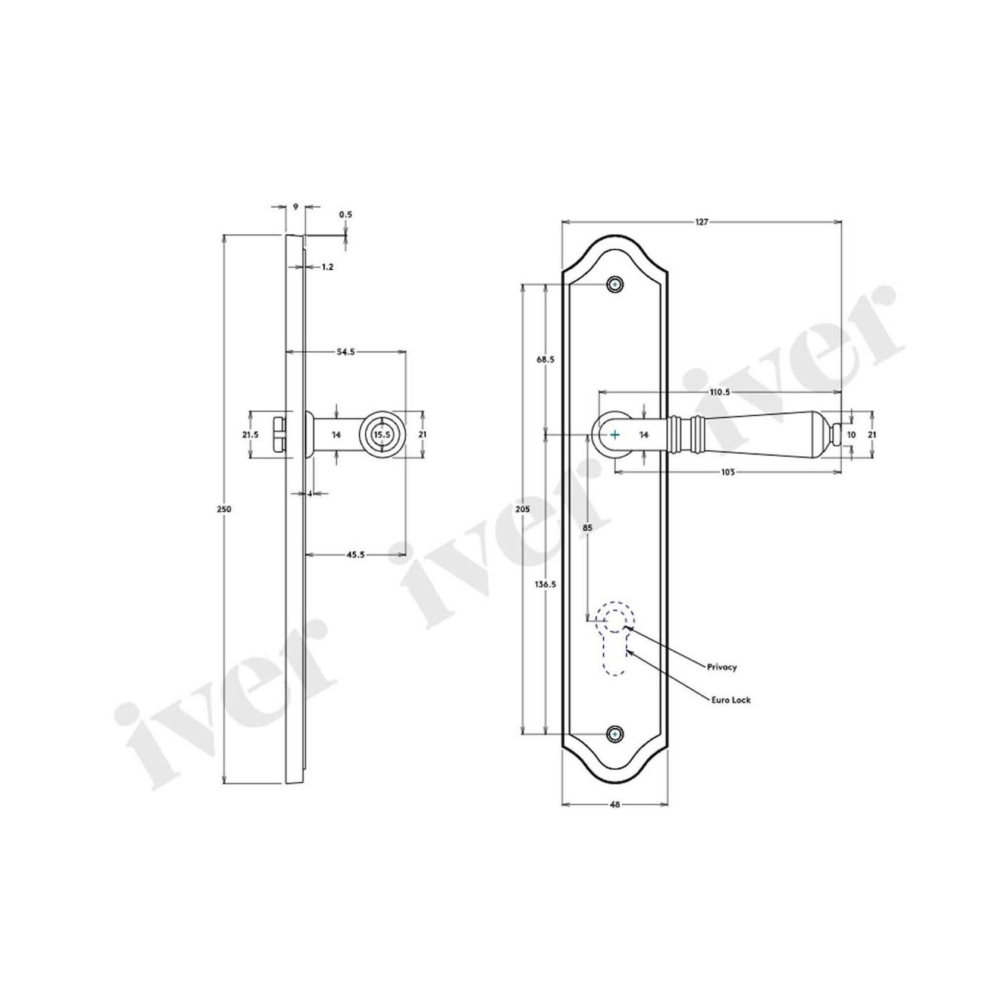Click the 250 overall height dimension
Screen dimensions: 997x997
click(x=224, y=509)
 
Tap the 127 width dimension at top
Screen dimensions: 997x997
click(x=702, y=222)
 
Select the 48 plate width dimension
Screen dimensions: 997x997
click(x=615, y=804)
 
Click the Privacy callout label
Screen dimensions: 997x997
click(x=722, y=667)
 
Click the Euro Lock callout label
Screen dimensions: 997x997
click(x=731, y=700)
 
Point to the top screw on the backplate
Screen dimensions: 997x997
click(x=616, y=285)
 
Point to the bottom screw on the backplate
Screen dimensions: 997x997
click(x=616, y=735)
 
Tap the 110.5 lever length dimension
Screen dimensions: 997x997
click(x=719, y=392)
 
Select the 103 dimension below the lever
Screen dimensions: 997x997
click(x=728, y=472)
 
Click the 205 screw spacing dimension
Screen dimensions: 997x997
click(x=522, y=509)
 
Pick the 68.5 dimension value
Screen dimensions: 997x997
click(x=545, y=359)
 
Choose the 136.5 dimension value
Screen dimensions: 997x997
click(x=545, y=584)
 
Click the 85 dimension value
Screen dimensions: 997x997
click(x=588, y=527)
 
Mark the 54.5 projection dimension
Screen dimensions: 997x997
click(x=346, y=352)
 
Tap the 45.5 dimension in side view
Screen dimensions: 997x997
click(x=355, y=554)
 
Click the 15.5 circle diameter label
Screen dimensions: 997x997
click(x=381, y=435)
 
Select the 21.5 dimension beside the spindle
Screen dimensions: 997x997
click(x=250, y=435)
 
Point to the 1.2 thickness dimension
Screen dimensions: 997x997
click(x=327, y=267)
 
